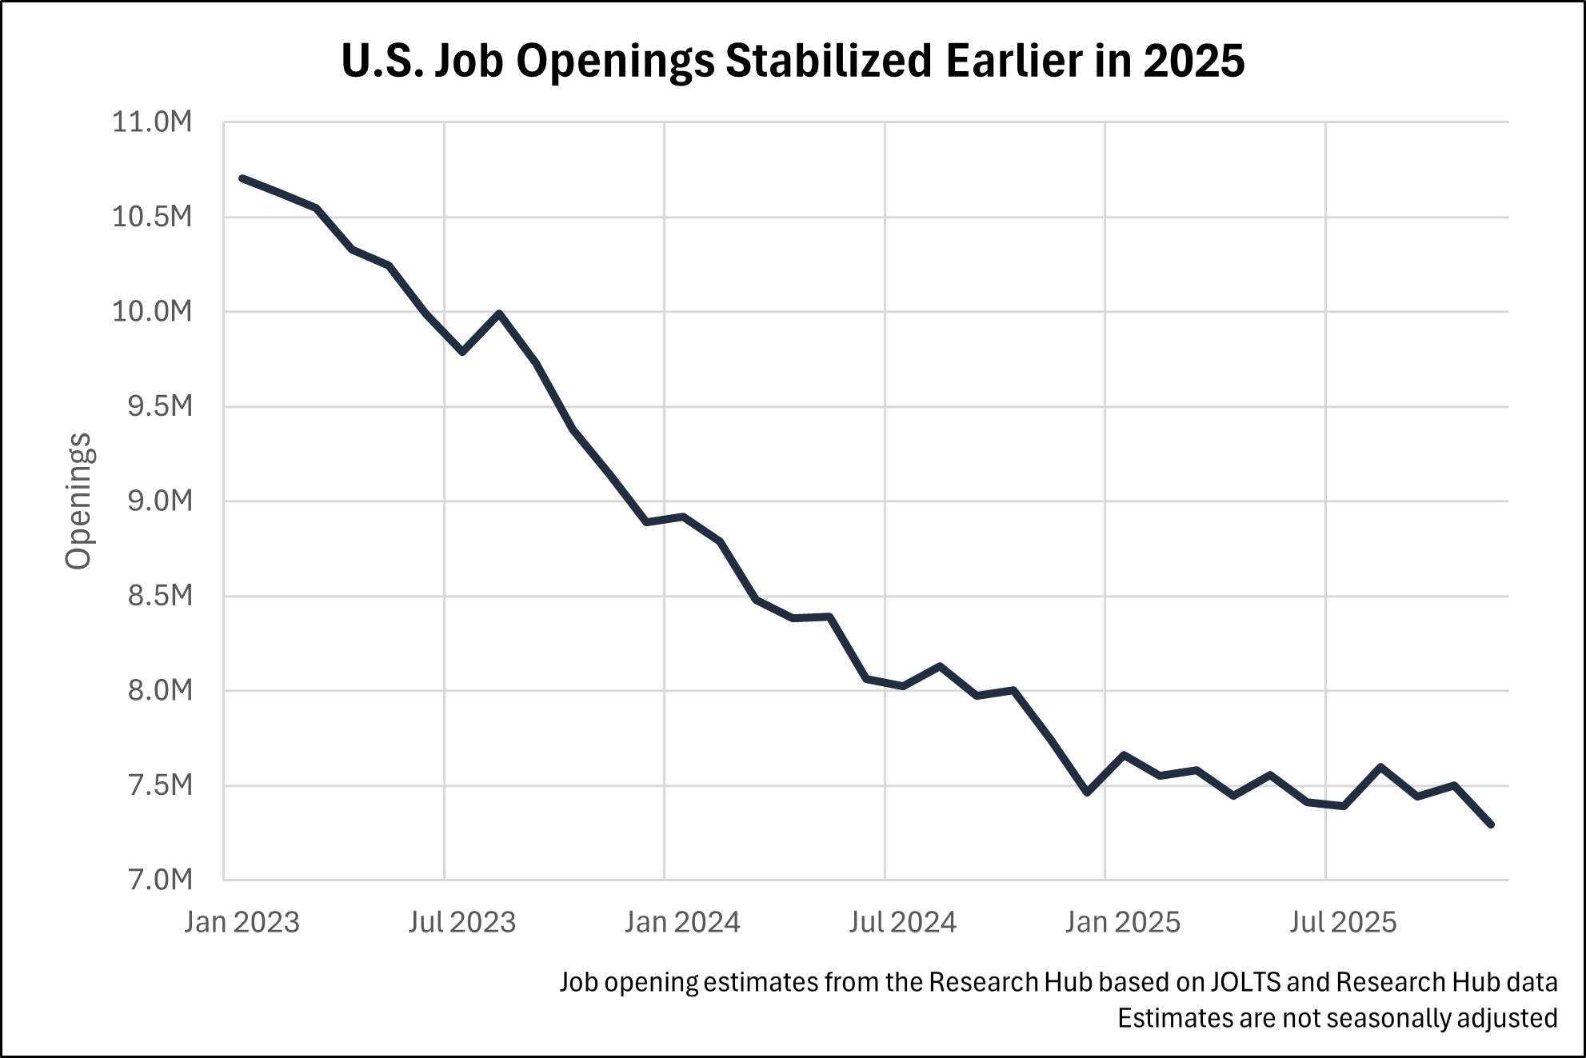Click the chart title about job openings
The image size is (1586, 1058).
[x=793, y=61]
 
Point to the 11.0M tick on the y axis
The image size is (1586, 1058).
[x=152, y=122]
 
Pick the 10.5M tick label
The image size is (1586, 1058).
[x=152, y=217]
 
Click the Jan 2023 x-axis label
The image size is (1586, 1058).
[x=242, y=922]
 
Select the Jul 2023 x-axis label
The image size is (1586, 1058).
[x=462, y=922]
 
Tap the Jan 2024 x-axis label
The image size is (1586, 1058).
[x=682, y=922]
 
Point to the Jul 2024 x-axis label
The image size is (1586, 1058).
[x=902, y=922]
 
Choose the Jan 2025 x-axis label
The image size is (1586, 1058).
[x=1122, y=922]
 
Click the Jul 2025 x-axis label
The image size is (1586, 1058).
[x=1343, y=922]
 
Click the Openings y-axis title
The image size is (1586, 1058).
[x=78, y=501]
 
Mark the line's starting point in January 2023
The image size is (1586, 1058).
[x=242, y=178]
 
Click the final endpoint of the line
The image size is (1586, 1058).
[x=1491, y=824]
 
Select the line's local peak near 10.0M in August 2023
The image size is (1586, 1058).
[x=499, y=313]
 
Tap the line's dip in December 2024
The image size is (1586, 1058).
[x=1087, y=793]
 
